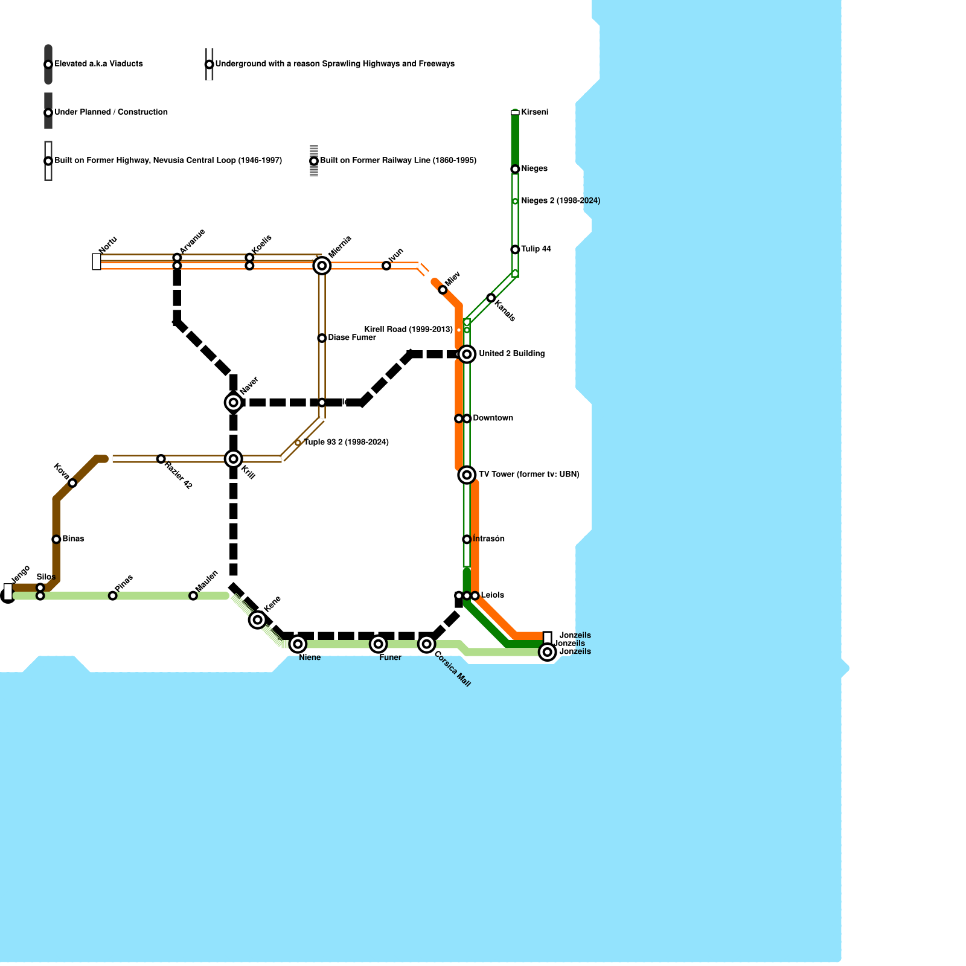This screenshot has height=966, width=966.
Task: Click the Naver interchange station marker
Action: [x=233, y=402]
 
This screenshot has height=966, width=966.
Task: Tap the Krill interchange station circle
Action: [x=233, y=459]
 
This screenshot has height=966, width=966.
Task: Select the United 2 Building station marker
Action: [x=467, y=354]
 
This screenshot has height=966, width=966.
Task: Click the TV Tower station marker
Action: [x=467, y=475]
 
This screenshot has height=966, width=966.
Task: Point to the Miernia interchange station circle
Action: [x=322, y=266]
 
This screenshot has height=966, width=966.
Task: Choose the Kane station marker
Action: [x=258, y=619]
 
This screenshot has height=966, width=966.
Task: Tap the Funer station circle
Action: [x=379, y=644]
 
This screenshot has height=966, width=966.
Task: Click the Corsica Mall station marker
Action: [x=427, y=644]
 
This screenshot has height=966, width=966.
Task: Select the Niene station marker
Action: [x=298, y=644]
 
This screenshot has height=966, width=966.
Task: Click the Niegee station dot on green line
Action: [x=515, y=169]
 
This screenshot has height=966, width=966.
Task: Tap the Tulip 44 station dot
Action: [x=515, y=249]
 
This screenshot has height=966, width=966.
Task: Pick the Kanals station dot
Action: [x=491, y=298]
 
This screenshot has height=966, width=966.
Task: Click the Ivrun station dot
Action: [x=386, y=266]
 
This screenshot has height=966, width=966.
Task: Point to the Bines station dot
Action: [x=56, y=539]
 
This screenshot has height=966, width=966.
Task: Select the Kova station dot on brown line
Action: [x=72, y=483]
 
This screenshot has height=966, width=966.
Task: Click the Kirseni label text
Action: [x=534, y=112]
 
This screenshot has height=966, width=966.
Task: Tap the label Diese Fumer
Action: [x=351, y=337]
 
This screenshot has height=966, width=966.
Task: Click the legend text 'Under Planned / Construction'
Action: [x=111, y=112]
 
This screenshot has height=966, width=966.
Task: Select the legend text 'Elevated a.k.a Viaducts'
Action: [x=98, y=64]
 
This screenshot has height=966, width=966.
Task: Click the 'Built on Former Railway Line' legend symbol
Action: [x=314, y=161]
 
